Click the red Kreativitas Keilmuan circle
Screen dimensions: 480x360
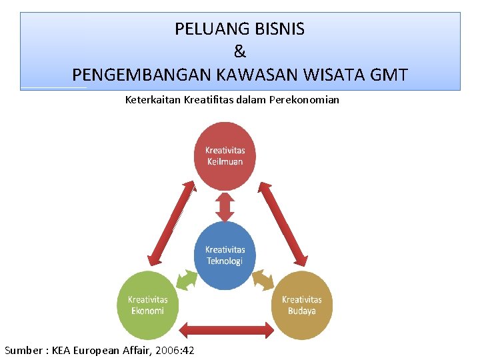pyautogui.click(x=225, y=155)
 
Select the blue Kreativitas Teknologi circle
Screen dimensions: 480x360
pyautogui.click(x=225, y=255)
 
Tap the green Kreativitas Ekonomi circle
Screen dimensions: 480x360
pyautogui.click(x=147, y=305)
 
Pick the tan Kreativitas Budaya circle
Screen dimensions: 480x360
pyautogui.click(x=301, y=305)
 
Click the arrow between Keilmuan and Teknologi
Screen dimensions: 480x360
pyautogui.click(x=225, y=206)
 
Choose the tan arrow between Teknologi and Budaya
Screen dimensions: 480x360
pyautogui.click(x=264, y=278)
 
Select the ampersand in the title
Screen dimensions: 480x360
pyautogui.click(x=240, y=51)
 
